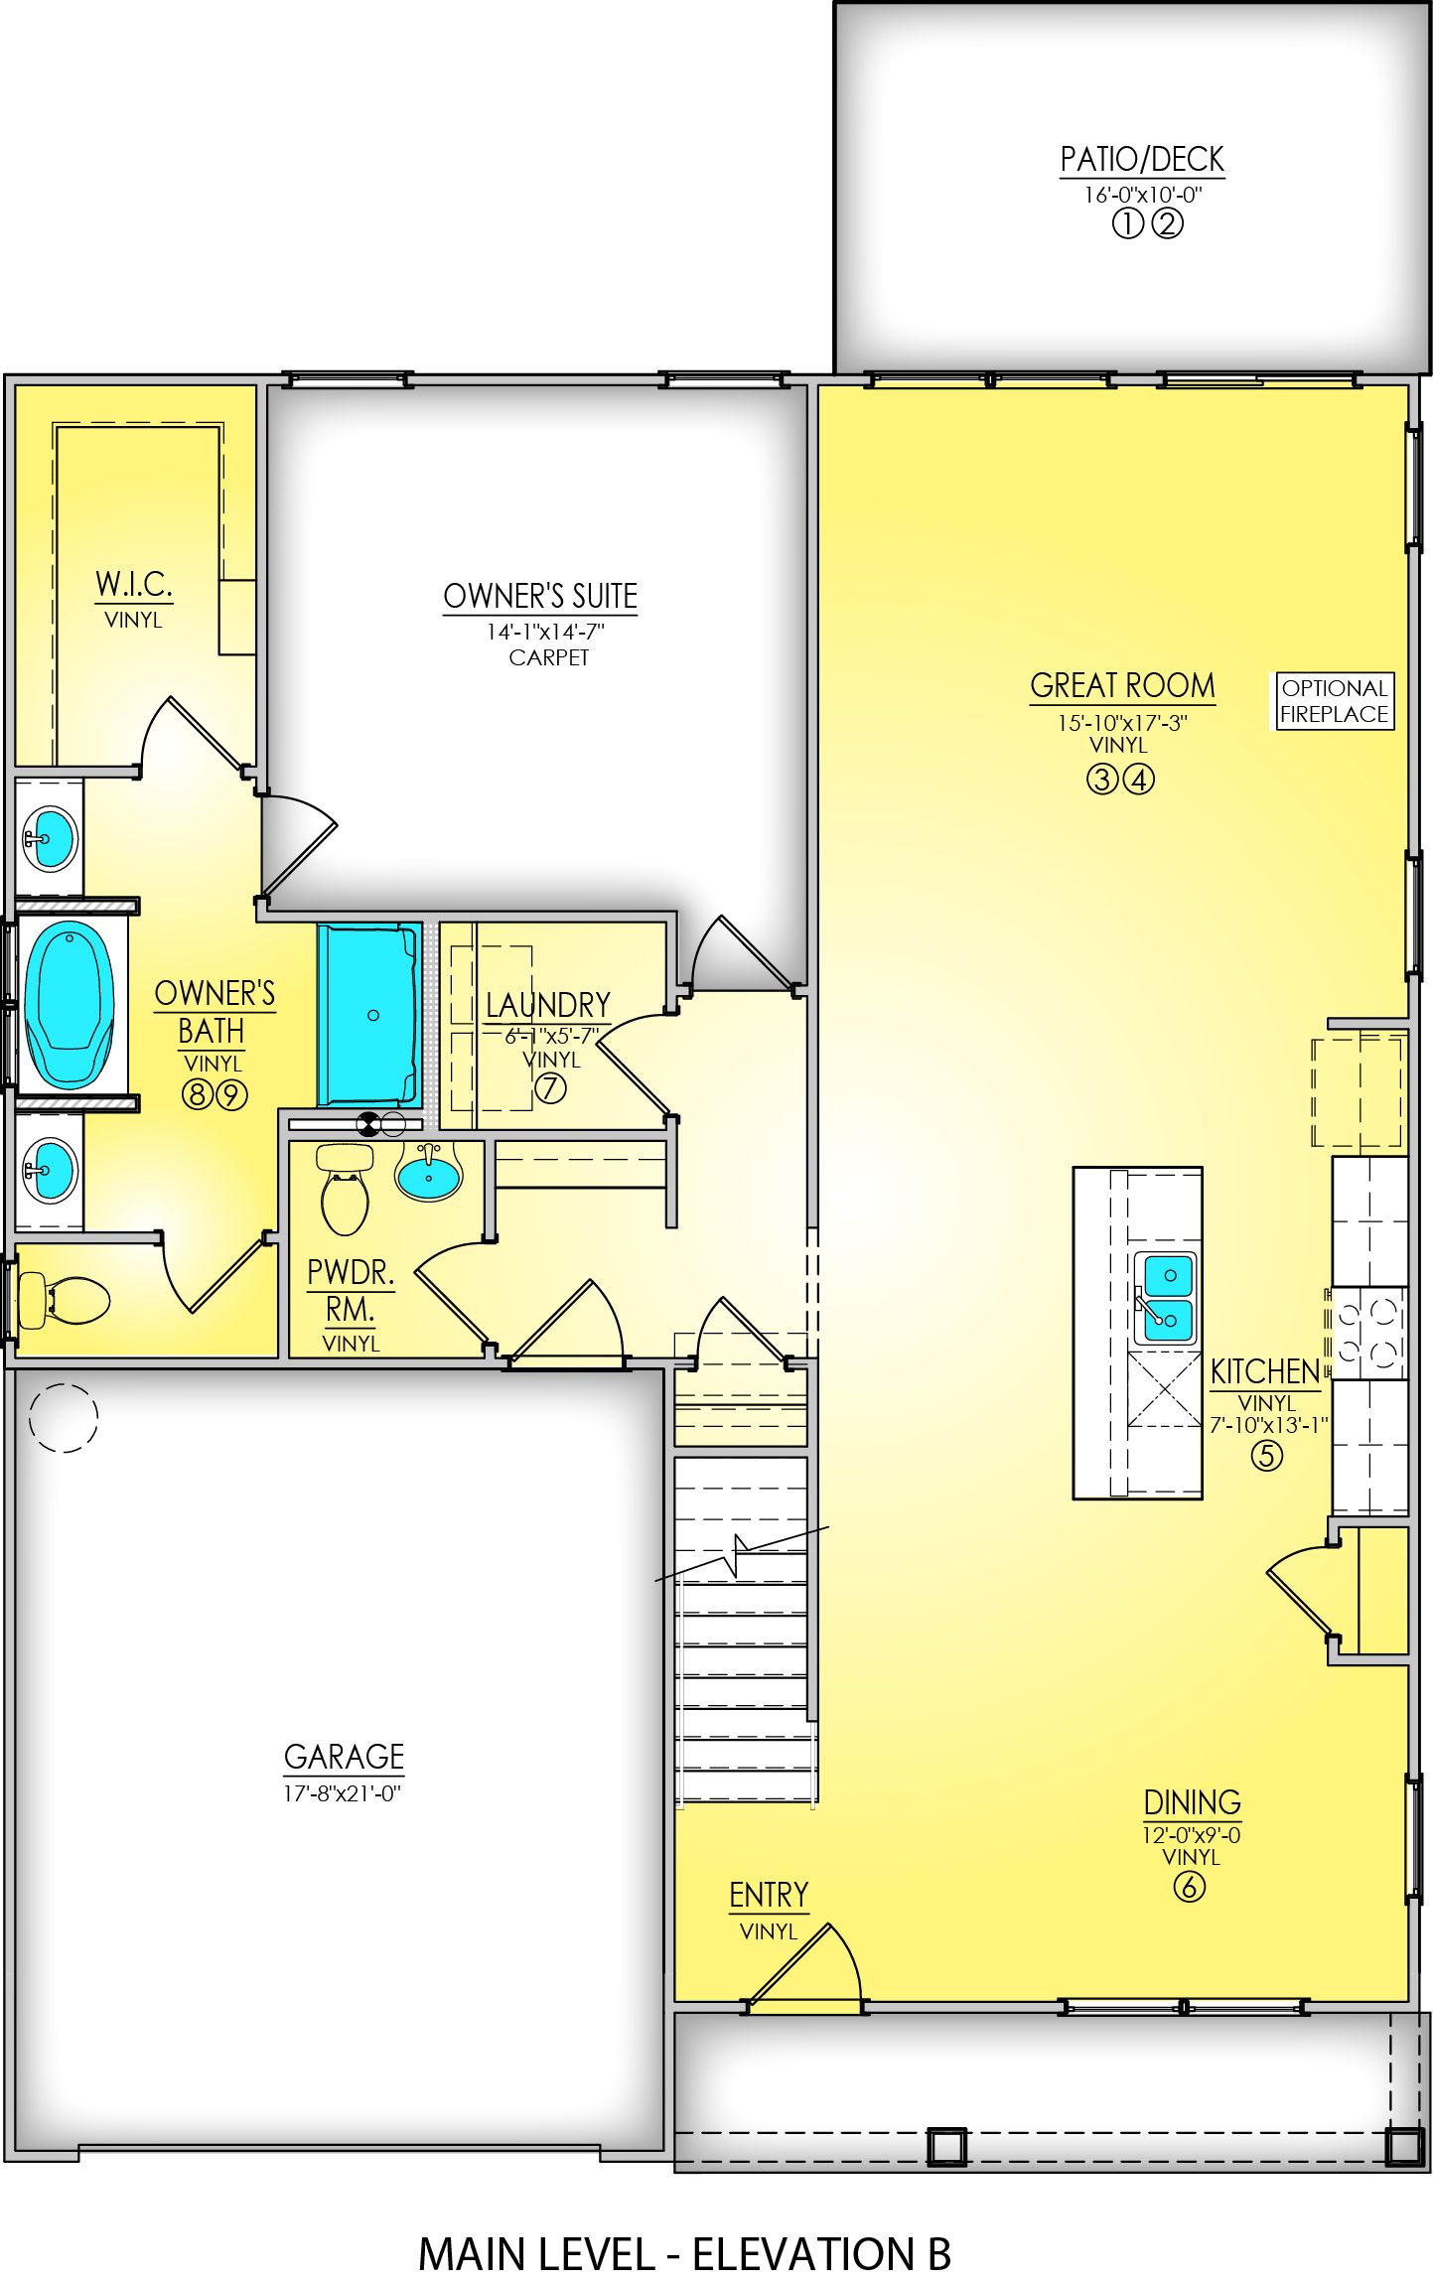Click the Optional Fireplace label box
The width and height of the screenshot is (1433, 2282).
[x=1333, y=701]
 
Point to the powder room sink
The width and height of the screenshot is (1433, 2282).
[x=428, y=1176]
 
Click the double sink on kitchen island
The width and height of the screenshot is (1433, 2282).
[x=1164, y=1297]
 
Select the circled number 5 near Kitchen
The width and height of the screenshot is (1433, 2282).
[x=1265, y=1456]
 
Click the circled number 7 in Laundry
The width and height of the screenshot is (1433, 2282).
[x=550, y=1088]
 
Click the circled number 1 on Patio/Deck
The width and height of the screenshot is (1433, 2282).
[x=1126, y=224]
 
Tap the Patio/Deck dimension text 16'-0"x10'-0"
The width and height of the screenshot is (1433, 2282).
[x=1142, y=195]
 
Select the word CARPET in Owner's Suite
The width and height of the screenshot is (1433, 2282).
[x=548, y=657]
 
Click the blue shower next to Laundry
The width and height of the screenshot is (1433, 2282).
[x=368, y=1014]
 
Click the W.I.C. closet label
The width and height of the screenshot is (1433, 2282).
[x=134, y=584]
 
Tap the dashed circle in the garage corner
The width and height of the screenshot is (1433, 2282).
[x=64, y=1417]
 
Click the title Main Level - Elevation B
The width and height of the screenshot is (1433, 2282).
[x=684, y=2254]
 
